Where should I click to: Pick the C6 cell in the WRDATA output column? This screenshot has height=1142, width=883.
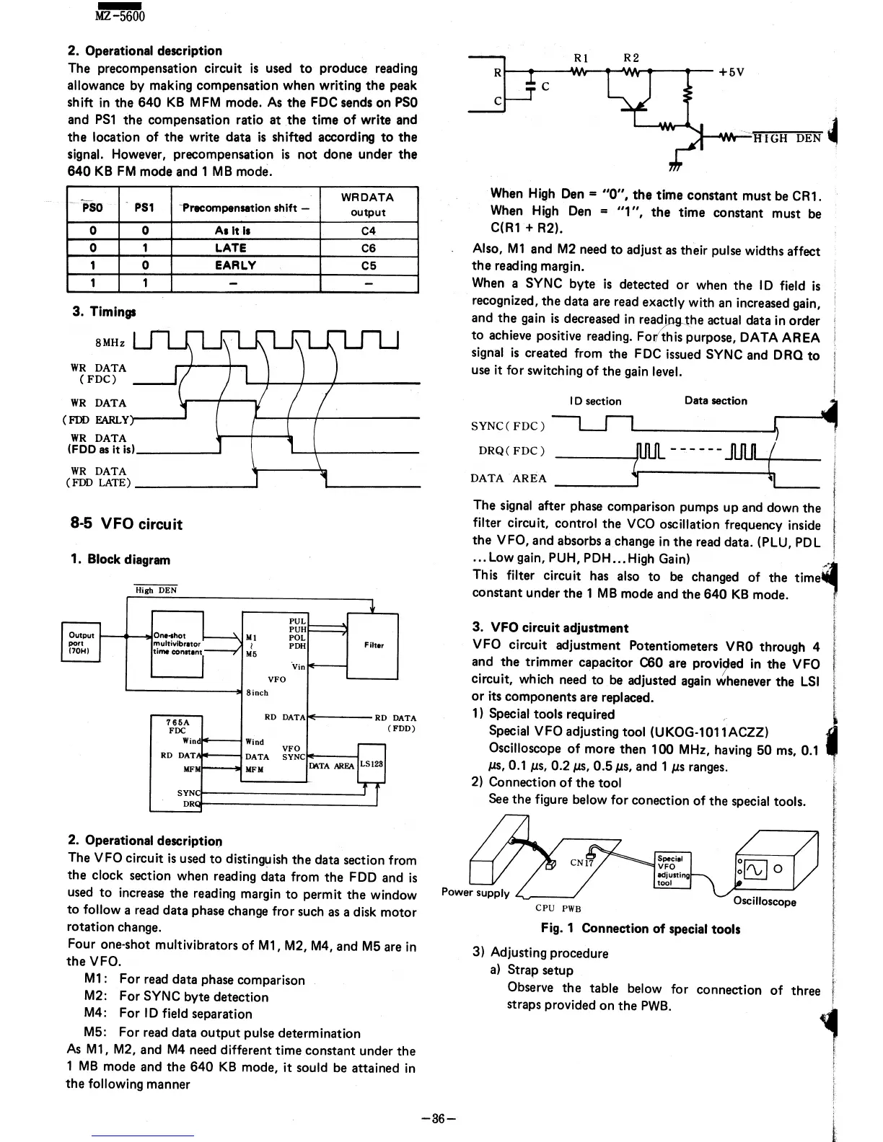(368, 248)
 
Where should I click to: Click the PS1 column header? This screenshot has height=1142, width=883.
(144, 208)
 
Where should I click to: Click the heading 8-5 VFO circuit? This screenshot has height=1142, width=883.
(124, 524)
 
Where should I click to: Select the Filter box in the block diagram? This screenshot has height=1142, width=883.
(372, 646)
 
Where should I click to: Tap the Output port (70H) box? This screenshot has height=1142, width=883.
(81, 642)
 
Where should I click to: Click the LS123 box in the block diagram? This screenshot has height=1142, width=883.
(372, 765)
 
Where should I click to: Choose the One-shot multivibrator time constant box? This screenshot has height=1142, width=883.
(177, 644)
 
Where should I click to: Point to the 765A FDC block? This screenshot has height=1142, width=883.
(176, 763)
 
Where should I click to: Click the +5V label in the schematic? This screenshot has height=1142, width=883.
(731, 72)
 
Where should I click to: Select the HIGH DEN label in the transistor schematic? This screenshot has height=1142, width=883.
(787, 139)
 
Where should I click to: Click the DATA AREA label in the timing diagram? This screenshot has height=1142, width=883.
(509, 478)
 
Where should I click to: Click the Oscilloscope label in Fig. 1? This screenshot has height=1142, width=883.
(765, 902)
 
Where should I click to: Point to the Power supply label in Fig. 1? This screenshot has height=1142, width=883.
(475, 893)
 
